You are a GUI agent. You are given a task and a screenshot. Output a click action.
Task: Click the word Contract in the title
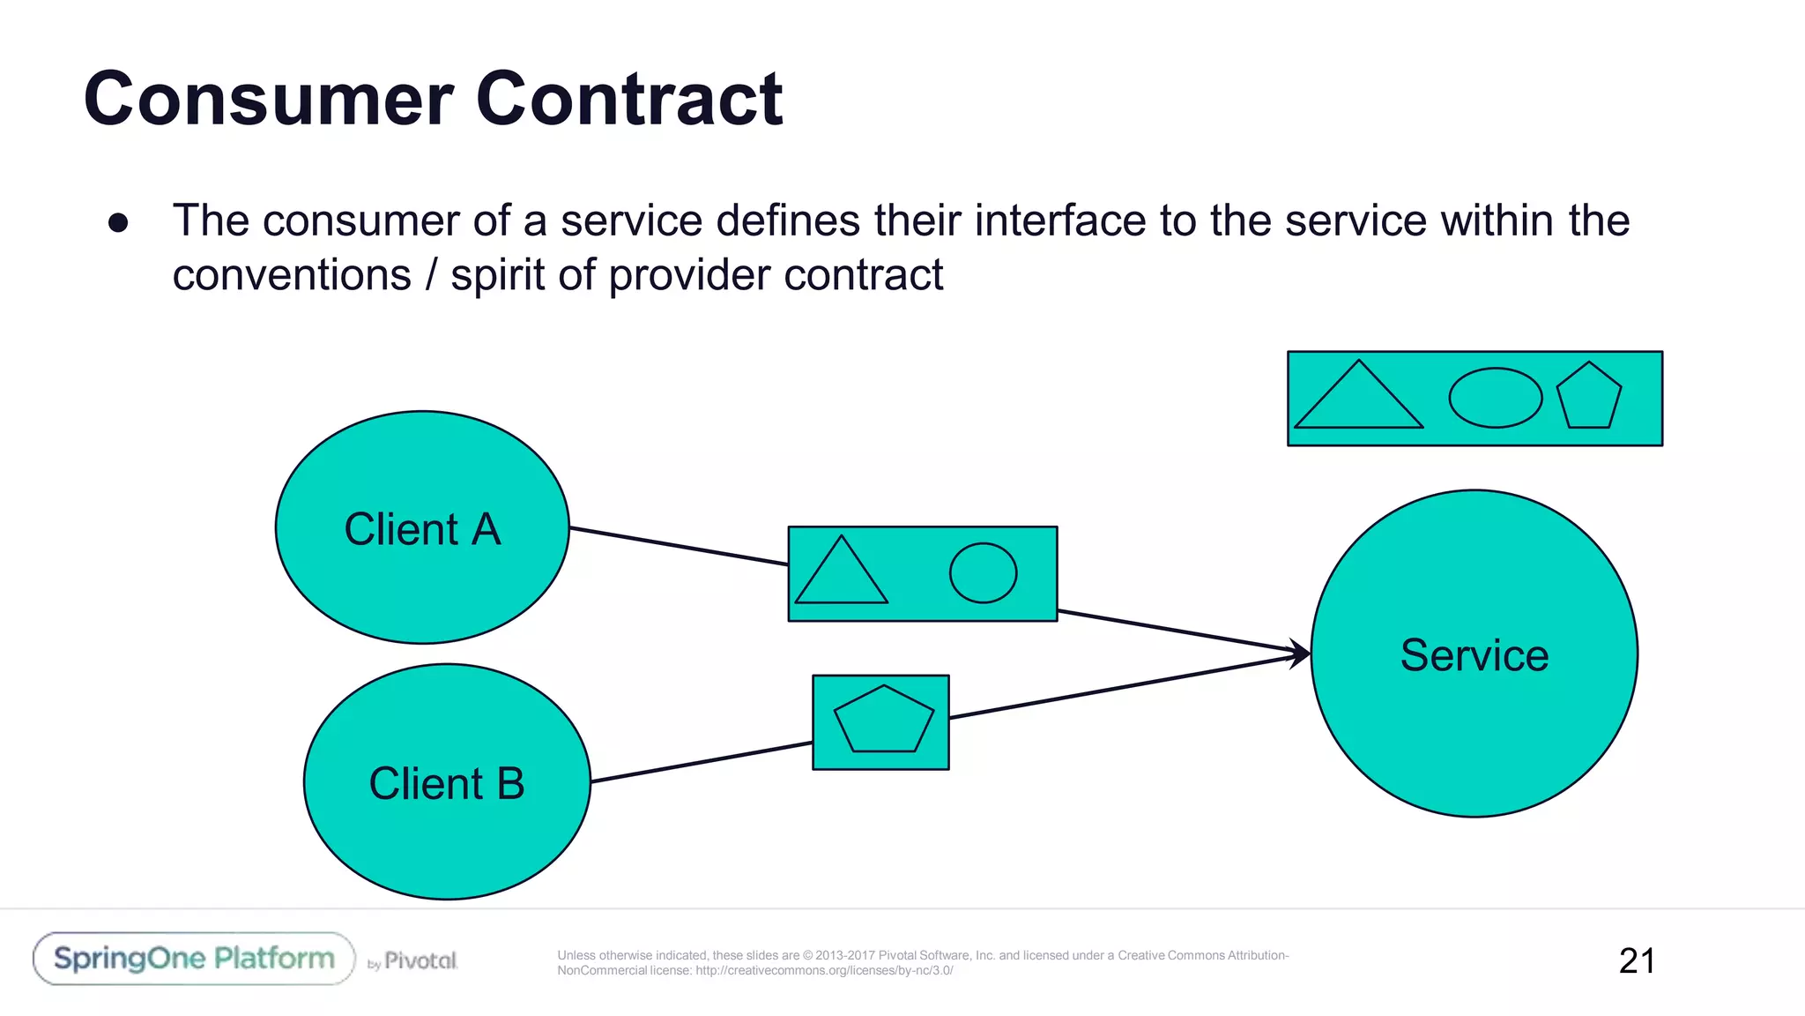point(628,99)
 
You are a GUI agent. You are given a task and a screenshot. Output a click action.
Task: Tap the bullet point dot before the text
point(118,222)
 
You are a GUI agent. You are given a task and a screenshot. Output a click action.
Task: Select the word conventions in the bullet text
point(292,275)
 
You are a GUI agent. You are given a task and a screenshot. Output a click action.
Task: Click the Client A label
point(422,529)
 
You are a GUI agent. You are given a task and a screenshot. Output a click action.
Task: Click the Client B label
point(447,783)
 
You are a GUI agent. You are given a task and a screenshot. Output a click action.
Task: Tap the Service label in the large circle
point(1474,655)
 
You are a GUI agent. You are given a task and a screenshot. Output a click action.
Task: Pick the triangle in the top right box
point(1358,401)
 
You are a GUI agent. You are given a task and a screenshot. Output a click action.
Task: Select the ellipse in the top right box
point(1495,398)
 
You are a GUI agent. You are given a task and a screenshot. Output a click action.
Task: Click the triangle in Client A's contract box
point(841,576)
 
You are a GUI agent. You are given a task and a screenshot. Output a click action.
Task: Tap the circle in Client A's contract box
point(983,573)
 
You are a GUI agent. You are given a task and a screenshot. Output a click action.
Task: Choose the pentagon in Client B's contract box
point(883,721)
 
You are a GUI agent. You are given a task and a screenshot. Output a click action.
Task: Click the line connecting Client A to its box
point(679,546)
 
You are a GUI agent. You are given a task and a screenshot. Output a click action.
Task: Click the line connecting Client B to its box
point(701,762)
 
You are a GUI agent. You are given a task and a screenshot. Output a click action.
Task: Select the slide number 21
point(1637,960)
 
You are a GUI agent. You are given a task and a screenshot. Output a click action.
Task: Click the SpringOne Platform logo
point(194,959)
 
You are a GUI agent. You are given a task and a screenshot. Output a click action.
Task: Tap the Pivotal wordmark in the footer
point(420,960)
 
